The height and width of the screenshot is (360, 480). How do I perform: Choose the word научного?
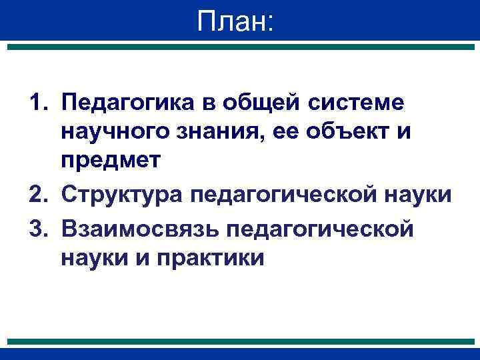point(113,134)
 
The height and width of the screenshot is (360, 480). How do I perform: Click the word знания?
point(212,134)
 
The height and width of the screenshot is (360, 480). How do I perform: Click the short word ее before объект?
point(277,134)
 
